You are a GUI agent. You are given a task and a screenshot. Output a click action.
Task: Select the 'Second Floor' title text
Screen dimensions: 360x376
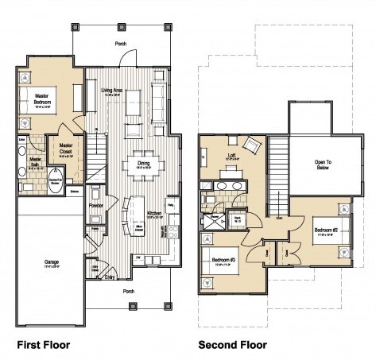(232, 345)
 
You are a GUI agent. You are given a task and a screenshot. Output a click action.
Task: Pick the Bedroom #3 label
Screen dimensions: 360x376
(223, 260)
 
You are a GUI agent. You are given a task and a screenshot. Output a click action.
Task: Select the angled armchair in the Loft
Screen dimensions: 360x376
(250, 145)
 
